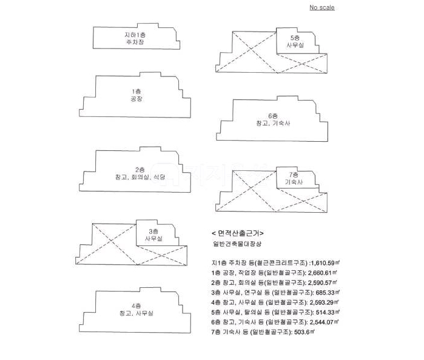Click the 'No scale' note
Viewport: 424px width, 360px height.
point(321,8)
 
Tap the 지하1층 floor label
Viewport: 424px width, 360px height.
point(135,36)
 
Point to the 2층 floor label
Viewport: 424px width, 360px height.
point(140,169)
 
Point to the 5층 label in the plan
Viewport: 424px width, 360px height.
point(295,38)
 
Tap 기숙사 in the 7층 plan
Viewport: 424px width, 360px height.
point(294,182)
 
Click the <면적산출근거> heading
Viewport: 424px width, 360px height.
point(238,233)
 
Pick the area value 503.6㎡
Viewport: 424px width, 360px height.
point(304,332)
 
